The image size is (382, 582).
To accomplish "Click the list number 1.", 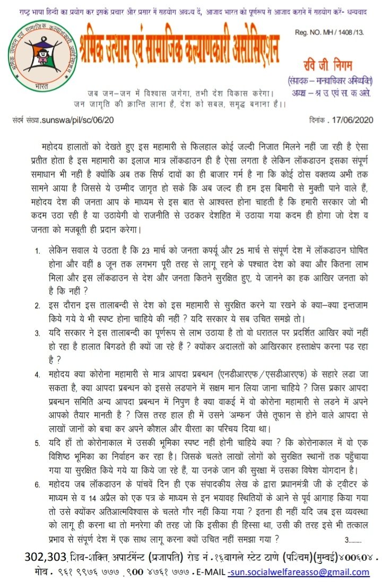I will point(37,248).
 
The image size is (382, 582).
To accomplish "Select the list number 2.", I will point(37,306).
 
